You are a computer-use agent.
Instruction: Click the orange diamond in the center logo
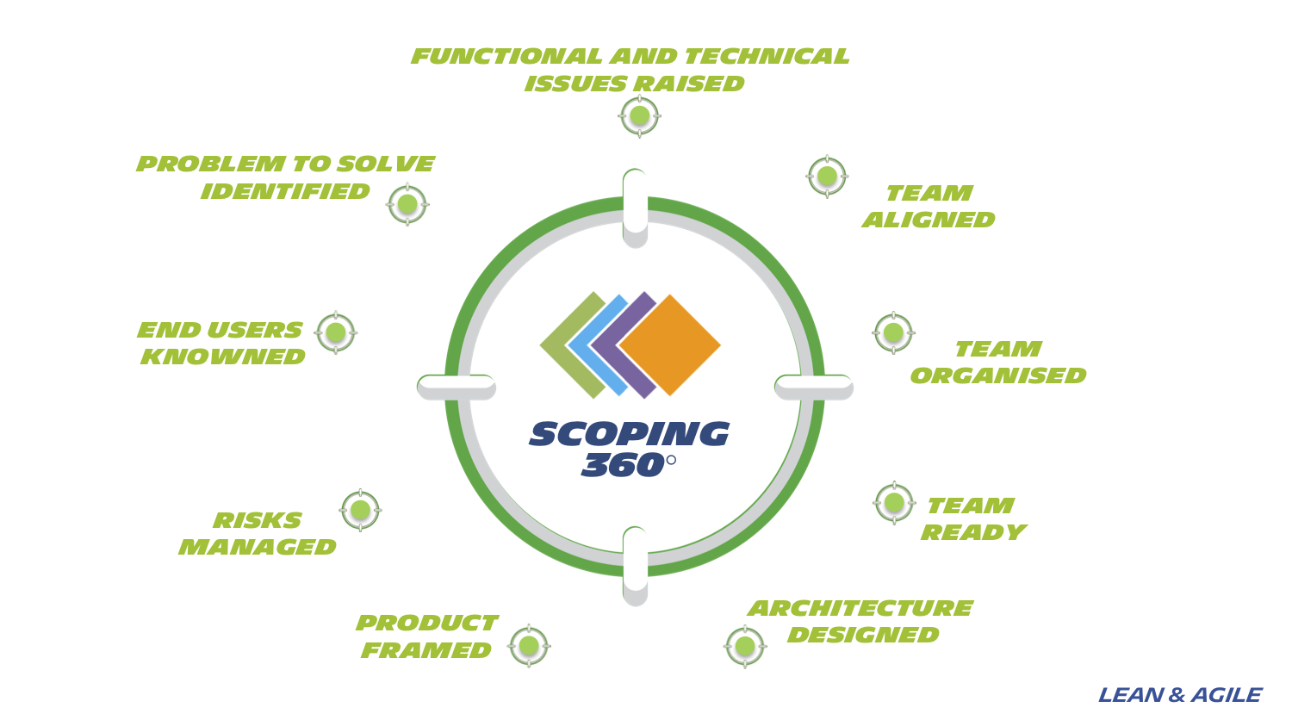(x=670, y=345)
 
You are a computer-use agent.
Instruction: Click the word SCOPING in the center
(x=629, y=434)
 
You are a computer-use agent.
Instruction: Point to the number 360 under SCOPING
(x=622, y=466)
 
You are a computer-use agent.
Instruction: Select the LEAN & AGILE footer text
(x=1179, y=695)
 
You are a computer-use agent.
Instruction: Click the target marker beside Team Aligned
(x=827, y=177)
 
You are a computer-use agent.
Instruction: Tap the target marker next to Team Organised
(x=893, y=332)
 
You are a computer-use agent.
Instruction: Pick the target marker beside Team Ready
(x=894, y=502)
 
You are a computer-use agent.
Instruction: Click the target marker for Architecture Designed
(x=745, y=646)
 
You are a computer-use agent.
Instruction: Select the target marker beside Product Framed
(x=529, y=646)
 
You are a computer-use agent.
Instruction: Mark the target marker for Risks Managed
(x=360, y=511)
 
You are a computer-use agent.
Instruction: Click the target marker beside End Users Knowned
(x=336, y=332)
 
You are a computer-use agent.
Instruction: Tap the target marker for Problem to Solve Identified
(x=407, y=204)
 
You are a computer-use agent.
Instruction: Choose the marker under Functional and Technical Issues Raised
(x=639, y=115)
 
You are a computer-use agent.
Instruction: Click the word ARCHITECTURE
(x=860, y=608)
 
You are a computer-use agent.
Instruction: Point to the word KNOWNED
(x=223, y=357)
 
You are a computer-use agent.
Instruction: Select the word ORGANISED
(x=997, y=375)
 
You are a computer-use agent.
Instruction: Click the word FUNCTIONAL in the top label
(x=506, y=56)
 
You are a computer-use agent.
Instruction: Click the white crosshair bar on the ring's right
(x=813, y=387)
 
